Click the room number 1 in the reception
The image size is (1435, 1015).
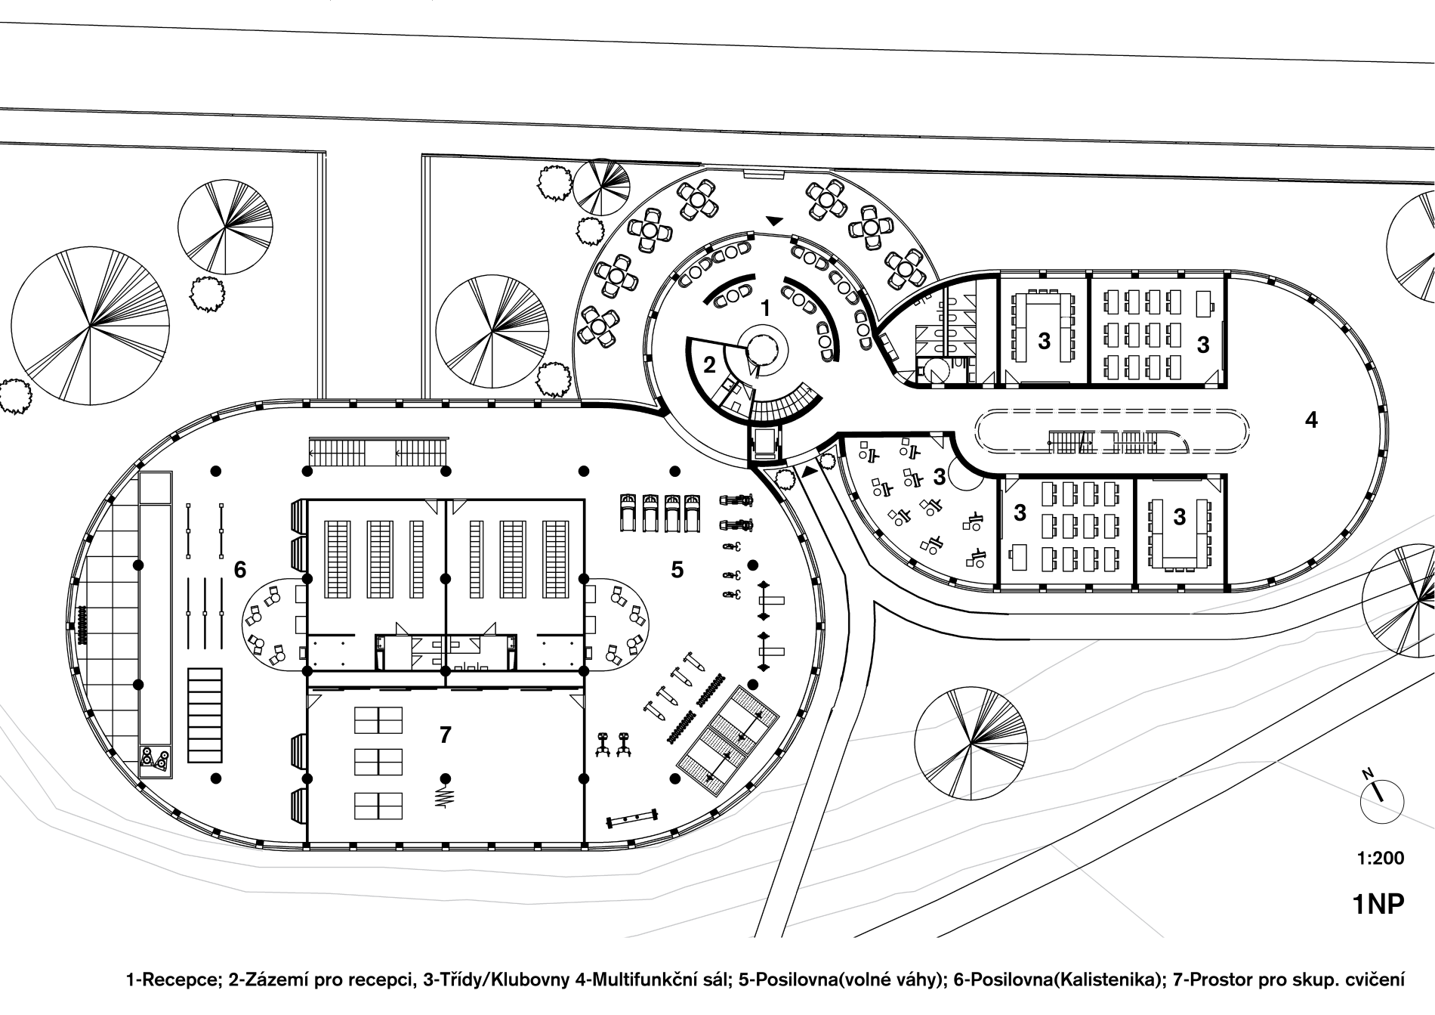point(765,308)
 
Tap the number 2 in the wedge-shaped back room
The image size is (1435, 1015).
point(709,366)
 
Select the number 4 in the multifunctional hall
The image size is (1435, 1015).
point(1311,419)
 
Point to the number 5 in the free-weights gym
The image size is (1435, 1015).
point(677,570)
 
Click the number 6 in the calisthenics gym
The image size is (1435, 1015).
point(240,570)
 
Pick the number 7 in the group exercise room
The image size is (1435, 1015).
point(445,734)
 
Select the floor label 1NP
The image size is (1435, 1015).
point(1378,904)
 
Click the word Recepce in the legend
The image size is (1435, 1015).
point(184,982)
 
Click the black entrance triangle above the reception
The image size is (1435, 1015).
point(774,221)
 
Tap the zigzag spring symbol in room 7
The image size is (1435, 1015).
point(445,797)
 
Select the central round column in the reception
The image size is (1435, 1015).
point(761,350)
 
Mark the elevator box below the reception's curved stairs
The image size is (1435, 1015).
point(765,444)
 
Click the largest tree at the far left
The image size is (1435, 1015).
point(90,326)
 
